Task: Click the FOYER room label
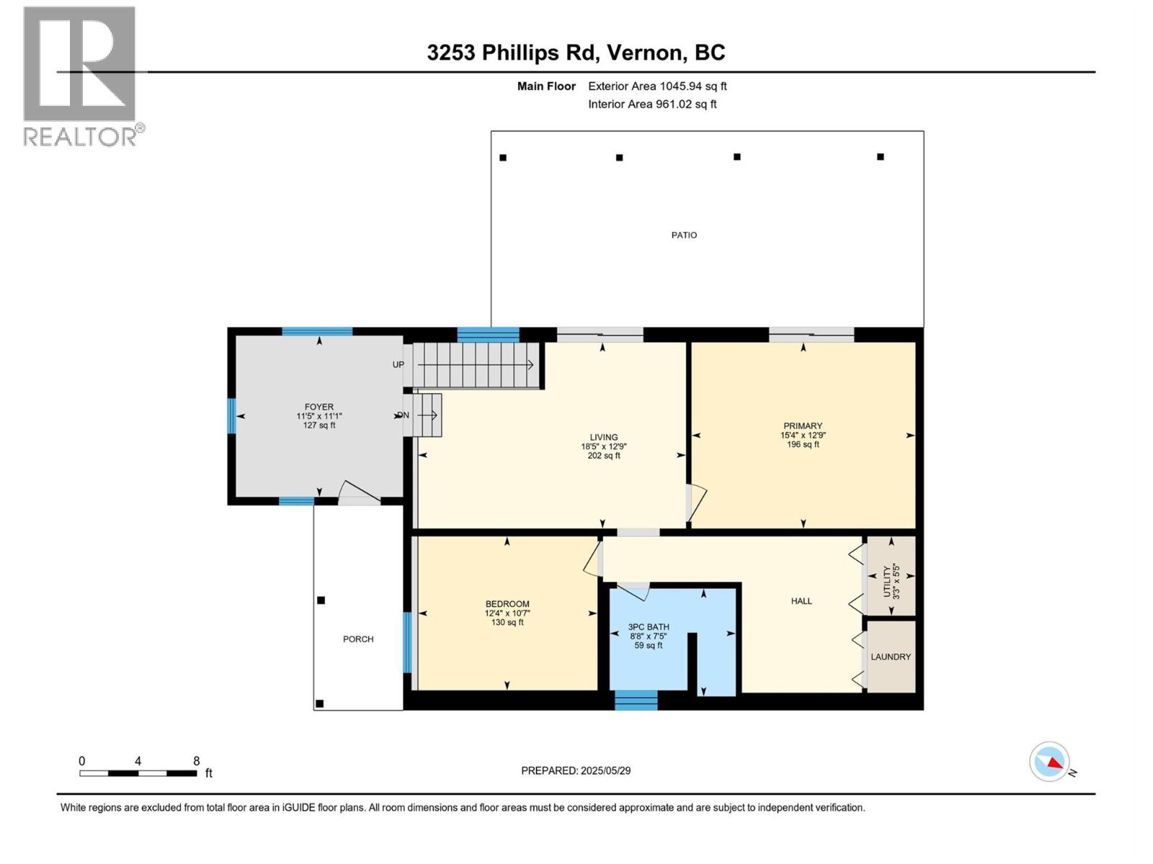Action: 319,407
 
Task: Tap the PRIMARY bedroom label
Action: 803,426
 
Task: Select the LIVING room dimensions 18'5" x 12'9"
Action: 604,446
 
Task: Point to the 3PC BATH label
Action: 649,627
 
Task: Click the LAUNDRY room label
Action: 891,657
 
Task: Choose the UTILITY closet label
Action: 887,582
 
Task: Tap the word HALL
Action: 801,601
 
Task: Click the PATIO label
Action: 684,235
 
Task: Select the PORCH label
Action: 358,639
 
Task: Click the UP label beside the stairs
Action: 399,364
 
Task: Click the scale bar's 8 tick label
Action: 197,760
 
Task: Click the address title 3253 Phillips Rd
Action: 512,53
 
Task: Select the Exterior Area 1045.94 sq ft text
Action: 657,86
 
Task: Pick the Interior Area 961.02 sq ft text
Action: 652,104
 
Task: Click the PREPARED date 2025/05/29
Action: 605,770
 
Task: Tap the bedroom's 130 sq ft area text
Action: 507,622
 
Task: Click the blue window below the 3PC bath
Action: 636,701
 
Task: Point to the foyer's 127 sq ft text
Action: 319,425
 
